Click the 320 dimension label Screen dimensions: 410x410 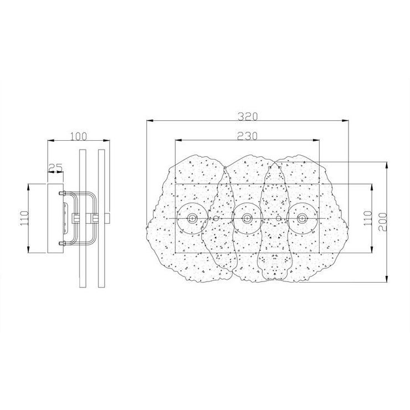(248, 116)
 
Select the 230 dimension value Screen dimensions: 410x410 (247, 136)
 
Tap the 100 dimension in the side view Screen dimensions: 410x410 (79, 136)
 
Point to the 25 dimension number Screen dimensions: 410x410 (56, 167)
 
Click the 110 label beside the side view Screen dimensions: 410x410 (24, 218)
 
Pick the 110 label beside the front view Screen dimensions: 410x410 (368, 218)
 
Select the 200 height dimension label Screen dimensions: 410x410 (382, 222)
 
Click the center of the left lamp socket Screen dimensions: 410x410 (192, 218)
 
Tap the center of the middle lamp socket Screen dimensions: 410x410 (247, 218)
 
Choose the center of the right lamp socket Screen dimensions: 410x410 (303, 218)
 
